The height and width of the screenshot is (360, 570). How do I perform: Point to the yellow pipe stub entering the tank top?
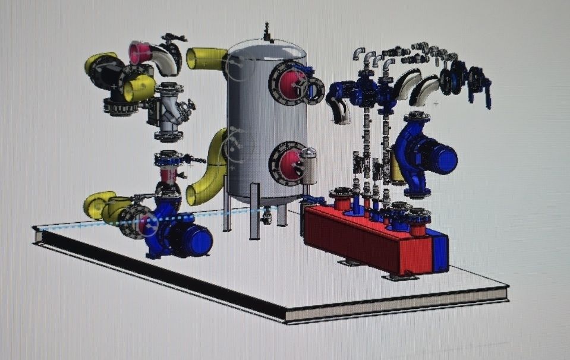point(205,59)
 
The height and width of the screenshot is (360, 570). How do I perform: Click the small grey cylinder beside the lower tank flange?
point(310,166)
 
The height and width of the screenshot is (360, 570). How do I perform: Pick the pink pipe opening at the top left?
point(139,52)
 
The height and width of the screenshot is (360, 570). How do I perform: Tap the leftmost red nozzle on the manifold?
point(342,200)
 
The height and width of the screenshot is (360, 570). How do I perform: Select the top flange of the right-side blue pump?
point(418,116)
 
